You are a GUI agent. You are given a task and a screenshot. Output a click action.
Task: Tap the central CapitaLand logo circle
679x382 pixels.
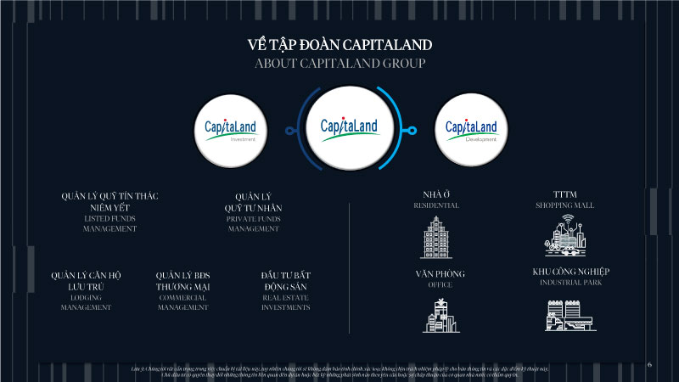[349, 128]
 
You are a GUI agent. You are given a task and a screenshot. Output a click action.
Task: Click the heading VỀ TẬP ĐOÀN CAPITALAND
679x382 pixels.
[339, 44]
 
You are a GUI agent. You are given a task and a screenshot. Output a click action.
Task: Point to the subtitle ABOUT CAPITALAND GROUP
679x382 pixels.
[339, 64]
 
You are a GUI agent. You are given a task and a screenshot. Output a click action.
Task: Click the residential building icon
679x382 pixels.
[436, 237]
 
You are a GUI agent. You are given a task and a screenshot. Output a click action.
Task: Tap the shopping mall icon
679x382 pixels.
[564, 236]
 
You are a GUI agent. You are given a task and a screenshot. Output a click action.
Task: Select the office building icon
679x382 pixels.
[440, 315]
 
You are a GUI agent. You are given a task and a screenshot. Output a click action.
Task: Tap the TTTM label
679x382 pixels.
[564, 194]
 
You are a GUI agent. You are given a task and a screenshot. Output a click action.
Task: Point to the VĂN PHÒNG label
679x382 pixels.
[440, 273]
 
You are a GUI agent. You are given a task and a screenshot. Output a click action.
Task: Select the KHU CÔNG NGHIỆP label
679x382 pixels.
[570, 272]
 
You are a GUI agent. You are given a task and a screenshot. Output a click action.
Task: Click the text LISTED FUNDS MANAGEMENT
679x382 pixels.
[109, 223]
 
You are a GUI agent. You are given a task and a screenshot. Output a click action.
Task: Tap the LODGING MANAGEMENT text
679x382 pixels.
[86, 302]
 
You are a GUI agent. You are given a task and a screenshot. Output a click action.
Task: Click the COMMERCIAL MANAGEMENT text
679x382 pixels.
[182, 302]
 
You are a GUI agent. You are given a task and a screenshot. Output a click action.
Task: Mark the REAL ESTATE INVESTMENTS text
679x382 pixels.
[285, 302]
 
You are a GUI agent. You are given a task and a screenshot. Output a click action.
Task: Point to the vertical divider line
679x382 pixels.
[349, 267]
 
